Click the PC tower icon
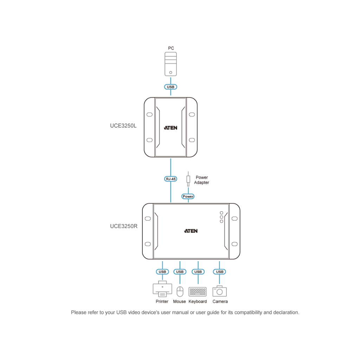tap(171, 64)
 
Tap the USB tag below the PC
tap(171, 87)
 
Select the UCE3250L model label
tap(123, 126)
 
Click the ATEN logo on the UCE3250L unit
tap(171, 128)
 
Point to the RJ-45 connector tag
tap(171, 179)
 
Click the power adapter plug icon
tap(188, 179)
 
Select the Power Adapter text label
tap(201, 180)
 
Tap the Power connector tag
tap(188, 197)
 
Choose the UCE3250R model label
tap(124, 226)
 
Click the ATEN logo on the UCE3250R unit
tap(191, 231)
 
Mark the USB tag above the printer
tap(162, 272)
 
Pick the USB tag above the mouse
tap(180, 272)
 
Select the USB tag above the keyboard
tap(198, 272)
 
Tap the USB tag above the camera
tap(219, 272)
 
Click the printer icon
tap(162, 289)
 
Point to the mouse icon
tap(180, 291)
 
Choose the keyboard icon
tap(198, 291)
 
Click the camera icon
tap(220, 291)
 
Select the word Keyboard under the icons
tap(198, 301)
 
